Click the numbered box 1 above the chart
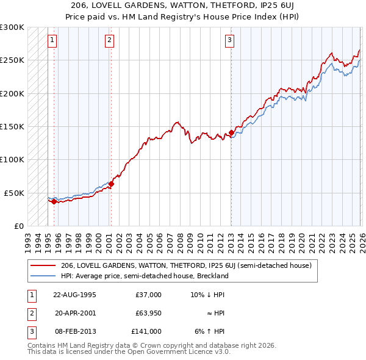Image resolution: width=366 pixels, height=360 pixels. [53, 41]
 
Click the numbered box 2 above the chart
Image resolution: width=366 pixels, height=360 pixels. [109, 41]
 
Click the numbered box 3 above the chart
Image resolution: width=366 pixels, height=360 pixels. [230, 41]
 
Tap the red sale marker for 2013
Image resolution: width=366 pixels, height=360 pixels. [232, 132]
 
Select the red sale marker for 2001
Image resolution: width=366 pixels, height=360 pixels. [111, 183]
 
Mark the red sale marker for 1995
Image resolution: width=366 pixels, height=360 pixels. [54, 201]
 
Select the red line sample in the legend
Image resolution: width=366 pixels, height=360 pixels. [43, 266]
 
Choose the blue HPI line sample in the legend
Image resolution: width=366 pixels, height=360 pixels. [43, 276]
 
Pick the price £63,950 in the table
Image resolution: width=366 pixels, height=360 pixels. [145, 313]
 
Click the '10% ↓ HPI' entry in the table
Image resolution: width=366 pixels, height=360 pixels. [207, 295]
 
